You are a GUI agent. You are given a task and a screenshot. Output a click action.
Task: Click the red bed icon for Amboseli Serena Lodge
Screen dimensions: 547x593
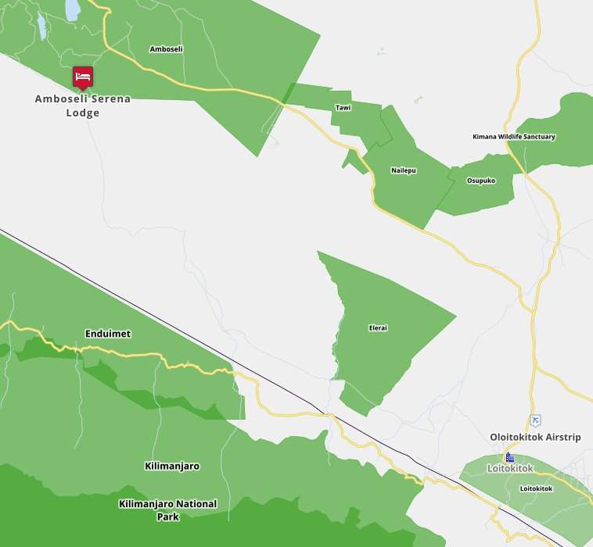pyautogui.click(x=83, y=77)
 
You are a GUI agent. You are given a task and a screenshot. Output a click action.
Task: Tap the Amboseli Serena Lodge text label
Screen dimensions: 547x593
pyautogui.click(x=83, y=105)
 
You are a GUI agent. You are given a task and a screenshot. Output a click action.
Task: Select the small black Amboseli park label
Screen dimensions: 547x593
pyautogui.click(x=166, y=49)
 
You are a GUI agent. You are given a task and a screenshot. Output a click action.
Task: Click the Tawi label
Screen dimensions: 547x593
pyautogui.click(x=343, y=107)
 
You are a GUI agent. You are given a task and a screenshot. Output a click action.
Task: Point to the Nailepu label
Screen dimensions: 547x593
pyautogui.click(x=404, y=170)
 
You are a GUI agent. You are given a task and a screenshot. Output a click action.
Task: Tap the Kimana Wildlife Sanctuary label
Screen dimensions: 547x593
pyautogui.click(x=514, y=137)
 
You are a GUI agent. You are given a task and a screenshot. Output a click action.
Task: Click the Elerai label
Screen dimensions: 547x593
pyautogui.click(x=378, y=328)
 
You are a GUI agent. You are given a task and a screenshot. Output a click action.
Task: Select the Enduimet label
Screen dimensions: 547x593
pyautogui.click(x=108, y=334)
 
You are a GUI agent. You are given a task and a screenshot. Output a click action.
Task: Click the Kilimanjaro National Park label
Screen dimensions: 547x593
pyautogui.click(x=168, y=510)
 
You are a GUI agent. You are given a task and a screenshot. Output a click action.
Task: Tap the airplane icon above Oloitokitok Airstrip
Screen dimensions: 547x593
pyautogui.click(x=535, y=420)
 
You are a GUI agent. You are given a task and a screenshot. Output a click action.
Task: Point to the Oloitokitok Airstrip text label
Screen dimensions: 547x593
pyautogui.click(x=535, y=437)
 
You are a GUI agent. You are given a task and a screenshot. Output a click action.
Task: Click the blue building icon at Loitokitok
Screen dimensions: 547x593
pyautogui.click(x=510, y=457)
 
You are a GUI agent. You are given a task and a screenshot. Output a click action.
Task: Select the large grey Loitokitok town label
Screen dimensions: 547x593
pyautogui.click(x=510, y=468)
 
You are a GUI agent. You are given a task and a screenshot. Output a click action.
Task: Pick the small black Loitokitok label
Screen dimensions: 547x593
pyautogui.click(x=536, y=488)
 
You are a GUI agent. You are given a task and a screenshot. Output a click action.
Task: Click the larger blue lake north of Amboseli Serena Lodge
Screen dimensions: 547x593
pyautogui.click(x=72, y=9)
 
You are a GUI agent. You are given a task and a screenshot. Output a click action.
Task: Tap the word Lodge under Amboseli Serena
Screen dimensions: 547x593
pyautogui.click(x=83, y=113)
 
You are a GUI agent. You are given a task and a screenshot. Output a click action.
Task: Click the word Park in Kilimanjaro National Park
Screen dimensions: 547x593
pyautogui.click(x=168, y=517)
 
